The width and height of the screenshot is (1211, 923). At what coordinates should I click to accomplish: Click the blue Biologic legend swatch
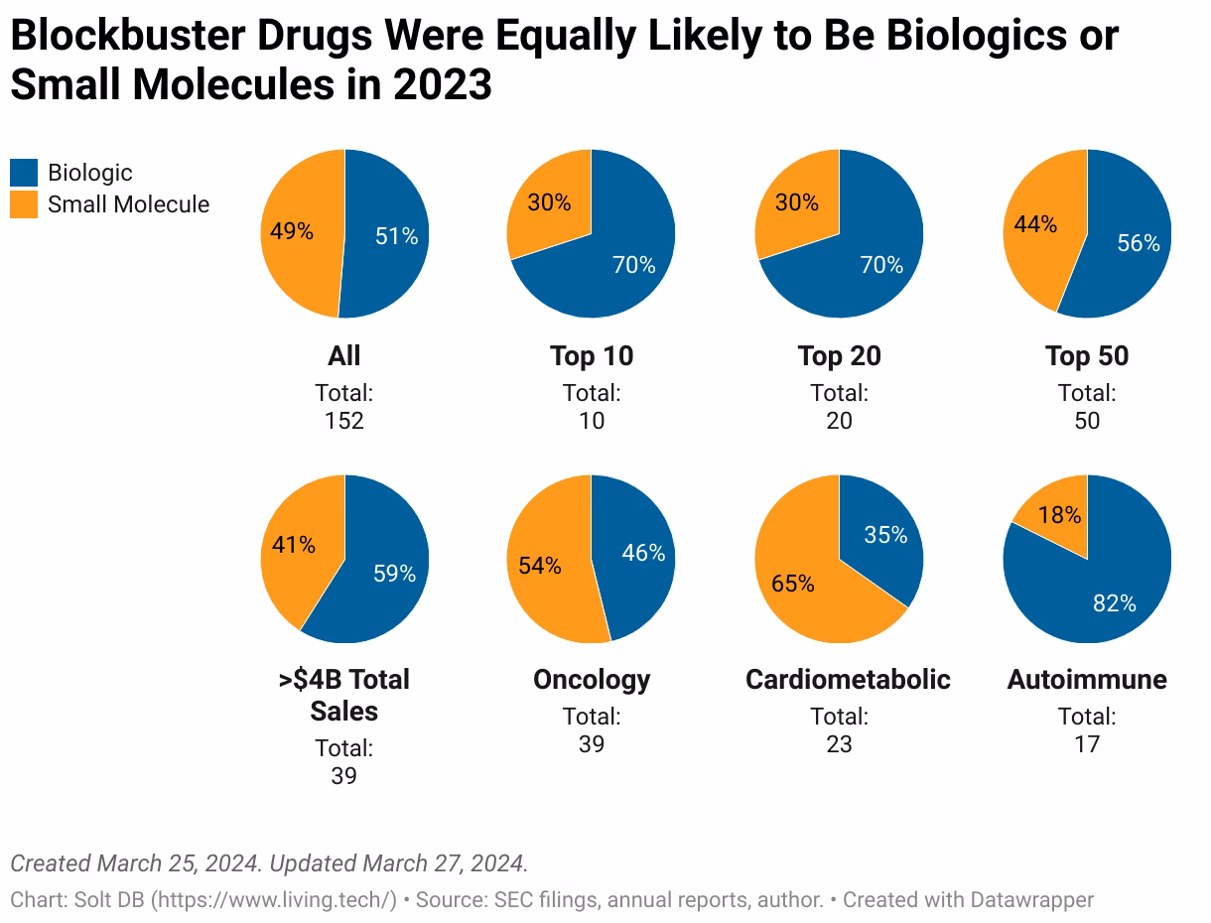(x=24, y=173)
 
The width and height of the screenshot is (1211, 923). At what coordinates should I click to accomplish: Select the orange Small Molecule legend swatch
(x=24, y=204)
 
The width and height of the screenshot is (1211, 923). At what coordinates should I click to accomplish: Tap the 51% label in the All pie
(x=396, y=236)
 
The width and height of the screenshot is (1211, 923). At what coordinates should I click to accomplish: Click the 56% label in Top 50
(x=1138, y=243)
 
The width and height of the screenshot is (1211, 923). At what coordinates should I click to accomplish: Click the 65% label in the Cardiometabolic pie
(x=793, y=583)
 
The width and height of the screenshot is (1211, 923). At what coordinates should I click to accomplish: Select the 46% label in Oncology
(x=643, y=553)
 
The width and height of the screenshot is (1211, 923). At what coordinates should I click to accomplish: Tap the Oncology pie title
(x=592, y=680)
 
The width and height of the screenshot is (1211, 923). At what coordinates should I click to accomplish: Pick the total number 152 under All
(x=344, y=421)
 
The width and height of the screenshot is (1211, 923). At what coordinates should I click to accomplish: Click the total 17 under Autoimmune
(x=1087, y=744)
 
